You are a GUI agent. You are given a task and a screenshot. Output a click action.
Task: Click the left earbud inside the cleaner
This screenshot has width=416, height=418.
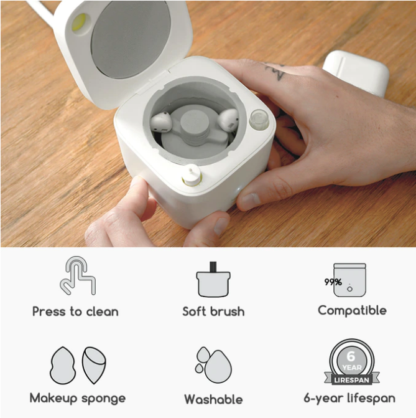161,122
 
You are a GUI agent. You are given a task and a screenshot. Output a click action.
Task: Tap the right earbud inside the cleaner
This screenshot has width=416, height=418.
228,120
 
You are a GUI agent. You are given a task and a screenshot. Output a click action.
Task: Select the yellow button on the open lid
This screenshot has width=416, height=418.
80,21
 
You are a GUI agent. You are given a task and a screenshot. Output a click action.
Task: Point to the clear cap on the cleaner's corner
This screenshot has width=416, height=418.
259,120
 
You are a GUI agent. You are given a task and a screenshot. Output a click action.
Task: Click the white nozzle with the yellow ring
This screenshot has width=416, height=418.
192,175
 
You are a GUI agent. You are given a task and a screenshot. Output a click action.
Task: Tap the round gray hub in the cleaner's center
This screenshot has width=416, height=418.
194,123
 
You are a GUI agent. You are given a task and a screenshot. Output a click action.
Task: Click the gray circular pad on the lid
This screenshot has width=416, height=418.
131,39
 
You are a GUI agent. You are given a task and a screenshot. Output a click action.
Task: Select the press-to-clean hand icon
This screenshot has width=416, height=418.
78,275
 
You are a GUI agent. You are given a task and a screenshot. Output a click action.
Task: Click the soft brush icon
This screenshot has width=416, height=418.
213,279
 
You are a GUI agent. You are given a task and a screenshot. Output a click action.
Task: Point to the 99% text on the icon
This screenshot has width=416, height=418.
333,282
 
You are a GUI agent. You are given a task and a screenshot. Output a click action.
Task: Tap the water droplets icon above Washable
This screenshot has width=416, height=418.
213,364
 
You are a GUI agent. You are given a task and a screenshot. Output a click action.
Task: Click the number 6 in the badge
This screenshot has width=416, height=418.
351,356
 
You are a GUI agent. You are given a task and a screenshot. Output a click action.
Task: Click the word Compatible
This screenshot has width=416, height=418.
352,311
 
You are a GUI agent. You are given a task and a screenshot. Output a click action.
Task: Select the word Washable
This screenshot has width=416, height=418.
213,399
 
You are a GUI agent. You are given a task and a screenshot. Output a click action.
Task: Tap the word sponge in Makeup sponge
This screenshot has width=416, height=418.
104,399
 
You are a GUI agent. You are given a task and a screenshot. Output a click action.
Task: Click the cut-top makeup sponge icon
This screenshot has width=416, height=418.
94,365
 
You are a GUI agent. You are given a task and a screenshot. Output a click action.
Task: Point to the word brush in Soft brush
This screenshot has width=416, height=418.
228,311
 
